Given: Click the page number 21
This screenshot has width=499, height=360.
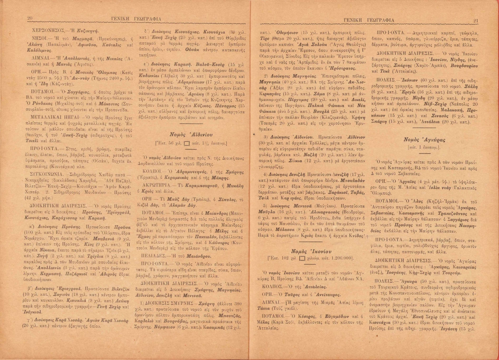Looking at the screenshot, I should tap(475, 21).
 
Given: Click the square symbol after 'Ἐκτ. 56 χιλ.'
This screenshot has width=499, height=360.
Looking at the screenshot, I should tap(187, 143).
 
